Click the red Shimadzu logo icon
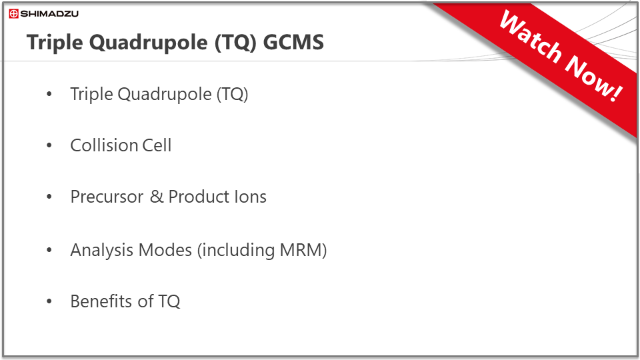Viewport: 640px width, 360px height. [x=13, y=14]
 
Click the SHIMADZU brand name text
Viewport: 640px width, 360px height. [x=49, y=14]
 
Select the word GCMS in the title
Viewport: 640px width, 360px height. [x=293, y=43]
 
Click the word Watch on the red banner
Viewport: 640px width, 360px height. [x=530, y=39]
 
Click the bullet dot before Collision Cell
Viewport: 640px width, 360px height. [x=49, y=145]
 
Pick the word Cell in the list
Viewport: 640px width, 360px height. [x=157, y=145]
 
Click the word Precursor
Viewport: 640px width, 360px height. [x=107, y=197]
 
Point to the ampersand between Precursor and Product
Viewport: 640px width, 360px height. [x=157, y=197]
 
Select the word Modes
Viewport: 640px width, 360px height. [x=165, y=250]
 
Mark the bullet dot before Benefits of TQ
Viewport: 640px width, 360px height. [x=49, y=301]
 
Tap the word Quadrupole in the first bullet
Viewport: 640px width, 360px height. [x=165, y=95]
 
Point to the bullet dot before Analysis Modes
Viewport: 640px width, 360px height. [x=49, y=250]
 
